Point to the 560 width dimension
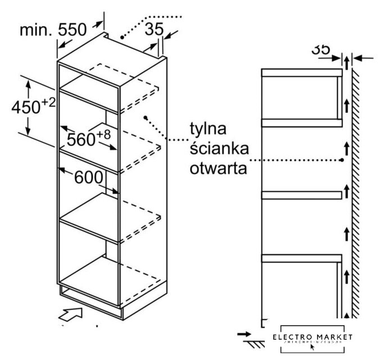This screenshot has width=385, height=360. (x=81, y=138)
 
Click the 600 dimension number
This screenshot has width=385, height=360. (x=88, y=177)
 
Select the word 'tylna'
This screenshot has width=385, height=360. (x=207, y=129)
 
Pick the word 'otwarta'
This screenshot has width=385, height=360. (x=215, y=168)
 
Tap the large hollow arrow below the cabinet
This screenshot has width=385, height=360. (x=72, y=314)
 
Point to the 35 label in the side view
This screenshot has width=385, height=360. (x=321, y=49)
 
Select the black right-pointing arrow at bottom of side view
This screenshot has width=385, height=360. (x=244, y=334)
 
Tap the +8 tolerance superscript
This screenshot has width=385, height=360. (x=103, y=134)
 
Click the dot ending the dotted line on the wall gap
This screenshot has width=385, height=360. (x=342, y=160)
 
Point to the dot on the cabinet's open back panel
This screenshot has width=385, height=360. (x=145, y=118)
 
